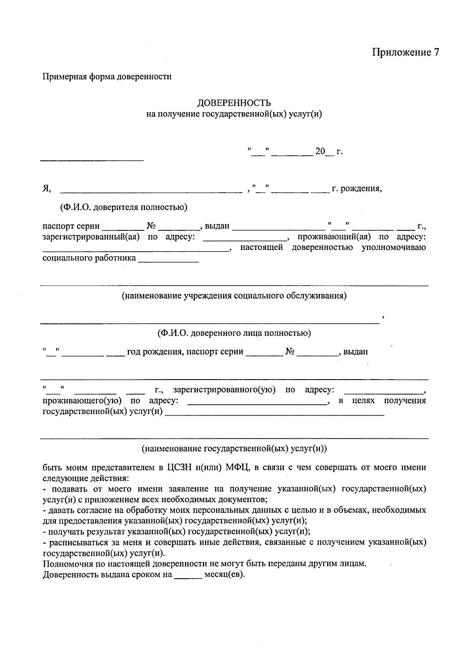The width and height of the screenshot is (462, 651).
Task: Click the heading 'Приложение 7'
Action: coord(405,53)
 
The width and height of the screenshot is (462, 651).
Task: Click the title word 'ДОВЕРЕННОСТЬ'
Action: coord(234,103)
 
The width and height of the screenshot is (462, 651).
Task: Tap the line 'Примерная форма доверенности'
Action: coord(107,77)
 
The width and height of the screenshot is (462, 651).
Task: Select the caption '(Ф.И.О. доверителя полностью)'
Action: coord(123,207)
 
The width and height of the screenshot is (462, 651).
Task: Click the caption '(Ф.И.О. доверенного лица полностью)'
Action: coord(234,333)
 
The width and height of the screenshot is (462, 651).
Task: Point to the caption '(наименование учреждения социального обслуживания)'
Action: coord(234,296)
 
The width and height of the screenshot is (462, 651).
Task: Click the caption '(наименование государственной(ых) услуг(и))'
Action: coord(234,448)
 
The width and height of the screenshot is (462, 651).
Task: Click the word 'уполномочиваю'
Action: coord(394,247)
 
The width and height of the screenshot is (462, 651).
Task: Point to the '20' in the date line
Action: coord(320,152)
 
